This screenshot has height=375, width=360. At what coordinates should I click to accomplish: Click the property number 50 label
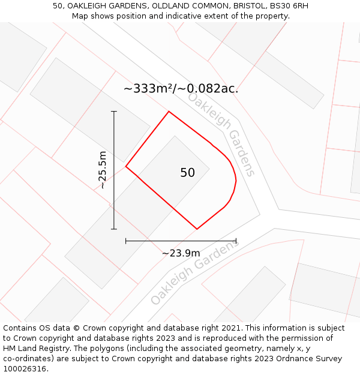pyautogui.click(x=187, y=173)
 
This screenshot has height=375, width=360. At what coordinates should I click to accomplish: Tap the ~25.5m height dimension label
pyautogui.click(x=103, y=170)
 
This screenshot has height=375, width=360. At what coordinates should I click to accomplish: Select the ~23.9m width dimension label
pyautogui.click(x=181, y=253)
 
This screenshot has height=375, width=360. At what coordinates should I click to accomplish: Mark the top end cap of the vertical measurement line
pyautogui.click(x=114, y=112)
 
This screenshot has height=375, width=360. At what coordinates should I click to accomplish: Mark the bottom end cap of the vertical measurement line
pyautogui.click(x=114, y=229)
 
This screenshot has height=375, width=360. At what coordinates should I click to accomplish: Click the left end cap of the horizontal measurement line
pyautogui.click(x=125, y=241)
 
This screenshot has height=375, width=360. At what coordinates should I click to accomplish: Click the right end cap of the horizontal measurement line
pyautogui.click(x=236, y=241)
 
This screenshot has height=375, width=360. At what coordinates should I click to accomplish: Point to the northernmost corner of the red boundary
pyautogui.click(x=169, y=112)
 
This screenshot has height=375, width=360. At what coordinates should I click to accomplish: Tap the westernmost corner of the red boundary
pyautogui.click(x=125, y=167)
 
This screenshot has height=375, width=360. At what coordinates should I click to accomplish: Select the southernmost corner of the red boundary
pyautogui.click(x=197, y=229)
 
